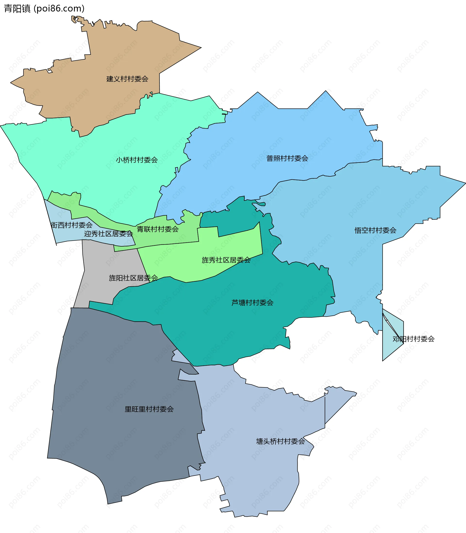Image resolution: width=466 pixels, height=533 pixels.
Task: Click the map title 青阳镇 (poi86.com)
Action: point(44,8)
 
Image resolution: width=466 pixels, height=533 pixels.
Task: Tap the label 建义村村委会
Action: point(127,79)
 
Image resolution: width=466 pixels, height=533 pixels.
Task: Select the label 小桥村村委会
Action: point(137,160)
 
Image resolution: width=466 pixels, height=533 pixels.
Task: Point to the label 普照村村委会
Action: point(287,158)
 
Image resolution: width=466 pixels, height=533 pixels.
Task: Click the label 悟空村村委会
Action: point(375,230)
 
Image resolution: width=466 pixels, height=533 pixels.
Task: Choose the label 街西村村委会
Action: point(72,225)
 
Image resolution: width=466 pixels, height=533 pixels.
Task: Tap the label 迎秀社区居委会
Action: point(108,234)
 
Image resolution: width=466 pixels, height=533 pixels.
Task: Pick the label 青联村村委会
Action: point(158,229)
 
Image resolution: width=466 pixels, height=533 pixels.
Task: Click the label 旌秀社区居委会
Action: point(226,260)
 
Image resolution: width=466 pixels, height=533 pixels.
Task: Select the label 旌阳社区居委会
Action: point(133,278)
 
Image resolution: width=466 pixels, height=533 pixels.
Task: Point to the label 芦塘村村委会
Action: point(252,303)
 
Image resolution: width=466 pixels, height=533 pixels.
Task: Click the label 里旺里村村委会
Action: point(149,409)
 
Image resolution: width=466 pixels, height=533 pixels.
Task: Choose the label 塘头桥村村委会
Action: point(280,441)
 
